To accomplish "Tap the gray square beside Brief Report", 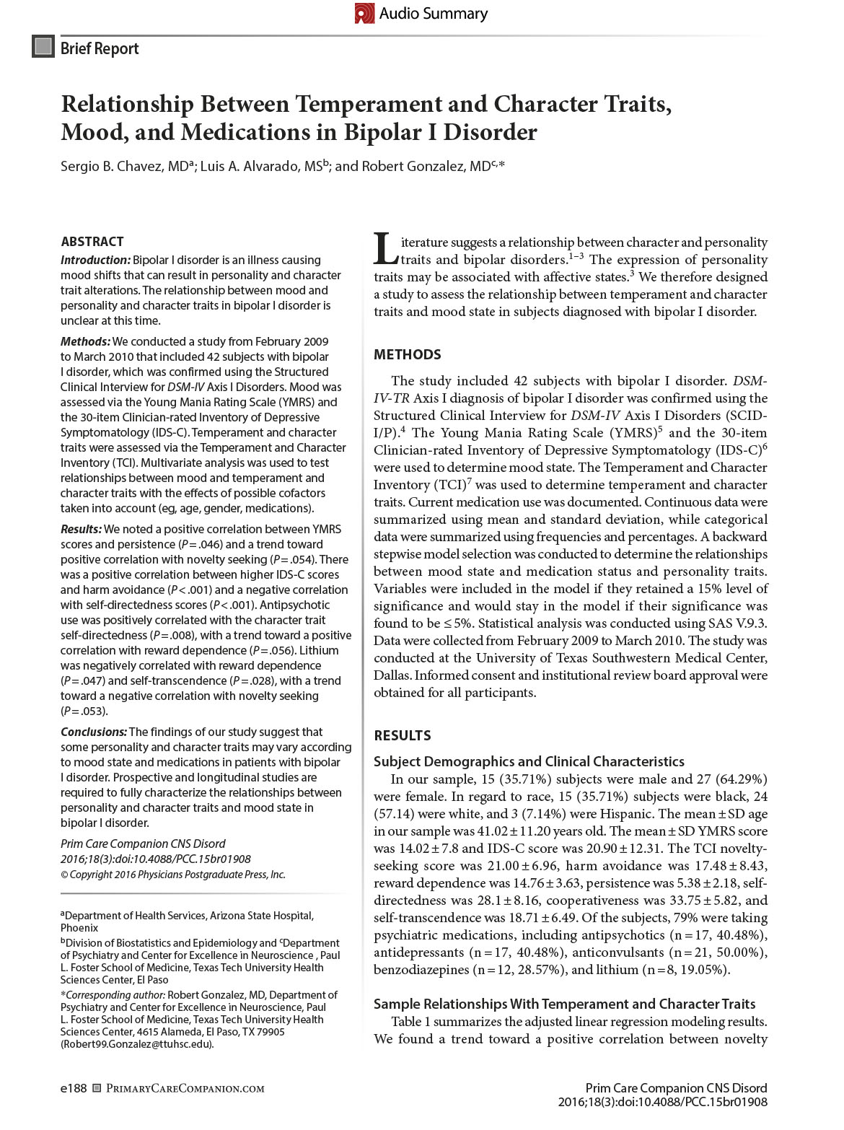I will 43,48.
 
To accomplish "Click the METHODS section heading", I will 407,354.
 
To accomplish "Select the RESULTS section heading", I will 402,735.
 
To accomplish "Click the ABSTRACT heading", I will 92,241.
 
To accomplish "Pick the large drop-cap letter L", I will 385,250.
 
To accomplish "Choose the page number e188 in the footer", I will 74,1088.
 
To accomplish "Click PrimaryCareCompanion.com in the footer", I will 185,1088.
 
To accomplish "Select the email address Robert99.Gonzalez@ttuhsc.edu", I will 137,1043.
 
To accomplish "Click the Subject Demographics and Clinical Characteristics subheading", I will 529,761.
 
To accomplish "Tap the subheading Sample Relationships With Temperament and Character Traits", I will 564,1004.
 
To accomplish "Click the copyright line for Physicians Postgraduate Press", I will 173,874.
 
